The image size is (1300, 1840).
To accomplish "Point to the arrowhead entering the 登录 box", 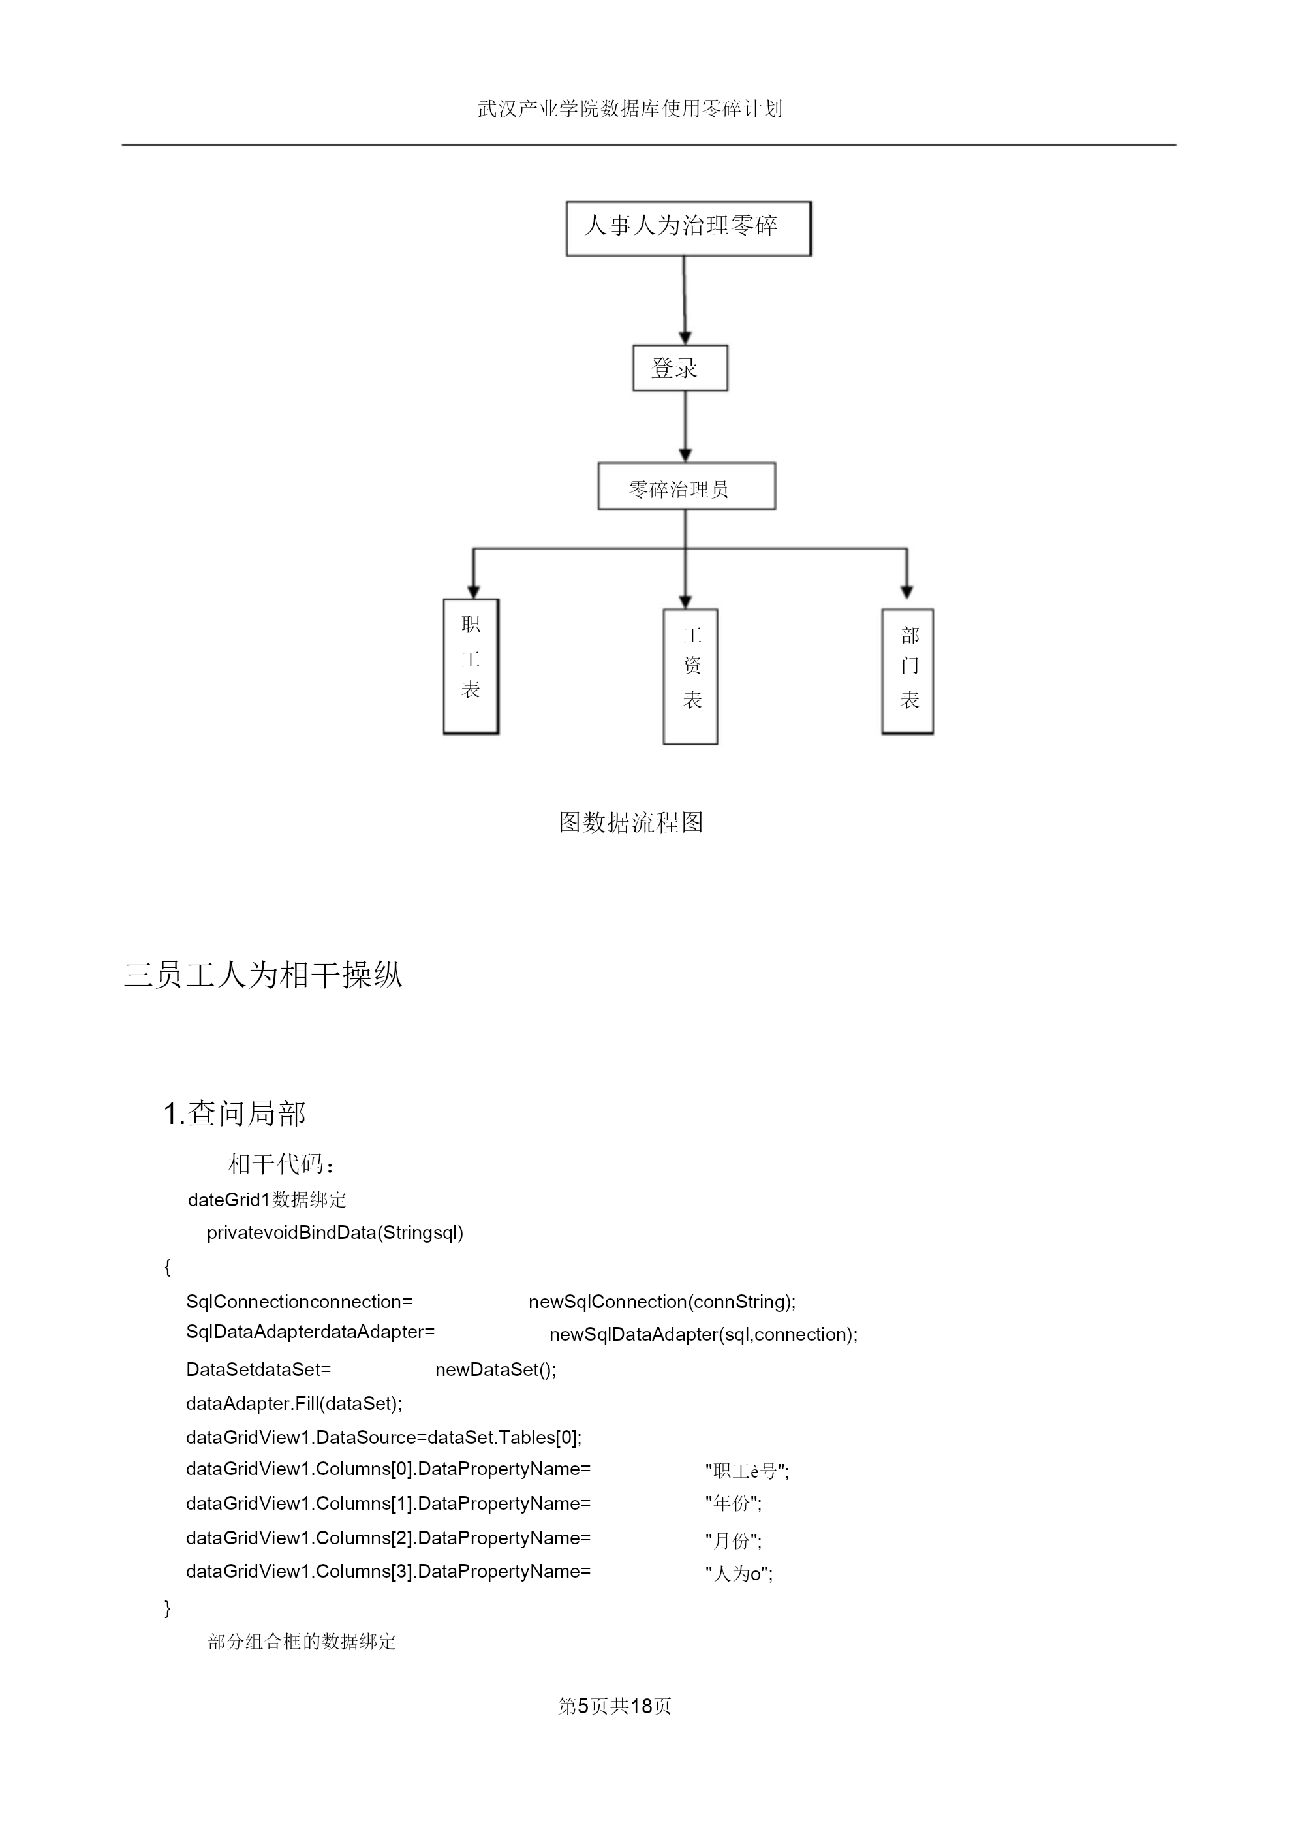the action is coord(685,337).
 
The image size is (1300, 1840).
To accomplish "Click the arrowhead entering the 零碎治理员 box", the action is coord(685,455).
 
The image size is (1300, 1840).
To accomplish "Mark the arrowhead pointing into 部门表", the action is coord(906,592).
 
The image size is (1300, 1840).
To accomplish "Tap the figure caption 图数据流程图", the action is coord(632,822).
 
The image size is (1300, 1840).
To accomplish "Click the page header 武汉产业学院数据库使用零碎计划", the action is coord(630,108).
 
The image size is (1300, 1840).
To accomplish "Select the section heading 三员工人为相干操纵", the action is coord(263,975).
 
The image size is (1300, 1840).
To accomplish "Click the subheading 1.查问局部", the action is coord(235,1113).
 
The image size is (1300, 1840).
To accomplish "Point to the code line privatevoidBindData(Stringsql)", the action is coord(335,1232).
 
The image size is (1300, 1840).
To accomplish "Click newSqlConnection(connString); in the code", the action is coord(662,1302).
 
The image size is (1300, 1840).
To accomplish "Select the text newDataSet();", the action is coord(495,1369).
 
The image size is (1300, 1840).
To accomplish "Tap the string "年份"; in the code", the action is coord(734,1503).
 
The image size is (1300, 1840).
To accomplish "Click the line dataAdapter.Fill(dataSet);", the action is coord(294,1403).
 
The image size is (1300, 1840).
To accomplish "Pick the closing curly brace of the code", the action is coord(168,1608).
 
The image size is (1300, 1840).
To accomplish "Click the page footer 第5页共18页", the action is coord(615,1706).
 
